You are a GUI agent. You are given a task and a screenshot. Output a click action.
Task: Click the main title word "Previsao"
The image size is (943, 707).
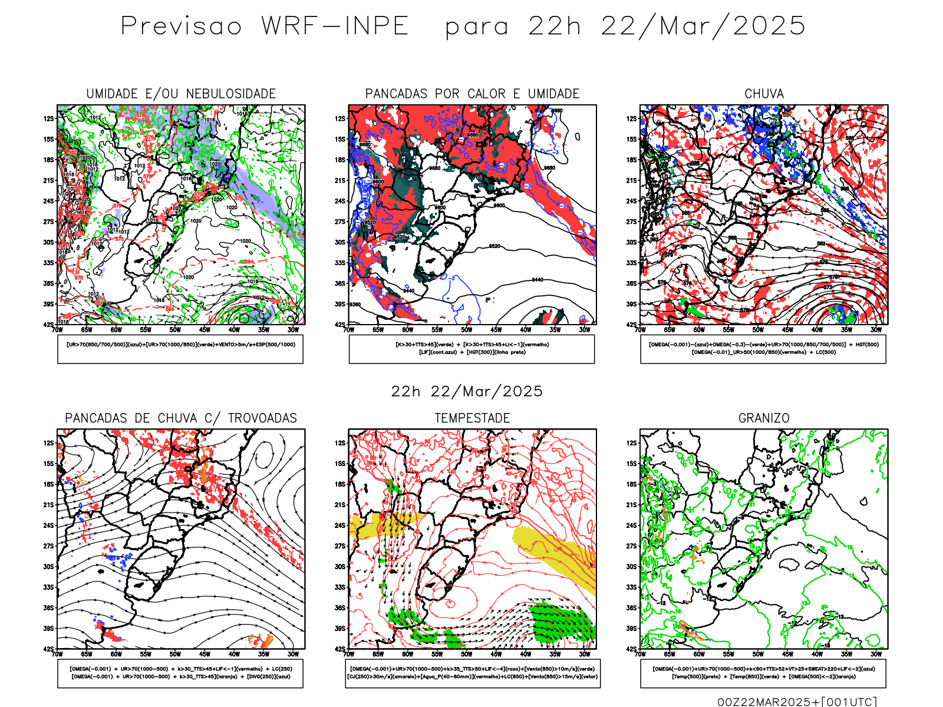point(181,27)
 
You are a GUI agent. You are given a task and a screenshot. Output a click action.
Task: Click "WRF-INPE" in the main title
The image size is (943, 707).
point(335,27)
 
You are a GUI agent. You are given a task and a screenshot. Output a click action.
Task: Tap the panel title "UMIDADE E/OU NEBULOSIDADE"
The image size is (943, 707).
point(181,94)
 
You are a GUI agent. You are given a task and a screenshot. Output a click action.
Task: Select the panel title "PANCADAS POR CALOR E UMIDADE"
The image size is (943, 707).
point(472,94)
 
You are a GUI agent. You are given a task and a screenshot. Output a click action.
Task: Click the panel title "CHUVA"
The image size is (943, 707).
point(764,94)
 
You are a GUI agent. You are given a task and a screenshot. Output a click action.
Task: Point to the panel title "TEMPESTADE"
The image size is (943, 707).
point(472,418)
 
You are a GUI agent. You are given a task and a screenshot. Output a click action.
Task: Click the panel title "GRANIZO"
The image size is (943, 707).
point(764,418)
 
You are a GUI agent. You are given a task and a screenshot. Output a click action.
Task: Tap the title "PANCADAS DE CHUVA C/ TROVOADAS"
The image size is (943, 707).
point(181,418)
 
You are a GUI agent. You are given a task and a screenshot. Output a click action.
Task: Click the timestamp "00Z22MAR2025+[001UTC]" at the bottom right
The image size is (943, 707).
point(797,702)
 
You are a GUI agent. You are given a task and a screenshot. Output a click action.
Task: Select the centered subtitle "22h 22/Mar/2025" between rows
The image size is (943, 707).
point(467,391)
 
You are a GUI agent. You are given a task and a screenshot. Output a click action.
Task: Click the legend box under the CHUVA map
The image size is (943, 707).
point(763,349)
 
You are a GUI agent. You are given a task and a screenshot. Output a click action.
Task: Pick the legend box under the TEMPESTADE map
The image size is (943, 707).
point(472,673)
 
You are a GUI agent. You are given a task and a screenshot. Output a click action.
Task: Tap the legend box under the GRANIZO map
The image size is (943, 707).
point(763,673)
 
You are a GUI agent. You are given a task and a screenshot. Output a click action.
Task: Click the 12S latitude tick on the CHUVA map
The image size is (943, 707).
point(632,118)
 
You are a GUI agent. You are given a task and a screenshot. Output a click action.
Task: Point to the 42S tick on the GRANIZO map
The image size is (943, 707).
point(632,649)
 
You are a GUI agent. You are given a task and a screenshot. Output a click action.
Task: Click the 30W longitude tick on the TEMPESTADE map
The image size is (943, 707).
point(584,654)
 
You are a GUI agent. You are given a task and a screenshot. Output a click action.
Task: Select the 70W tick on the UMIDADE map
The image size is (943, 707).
point(57,330)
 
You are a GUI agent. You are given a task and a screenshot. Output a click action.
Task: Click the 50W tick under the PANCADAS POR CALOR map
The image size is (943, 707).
point(466,330)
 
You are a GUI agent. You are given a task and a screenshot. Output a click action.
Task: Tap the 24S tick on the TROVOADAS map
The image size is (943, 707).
point(48,526)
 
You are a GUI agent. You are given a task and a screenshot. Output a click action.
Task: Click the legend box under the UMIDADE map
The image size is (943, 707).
point(180,349)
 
